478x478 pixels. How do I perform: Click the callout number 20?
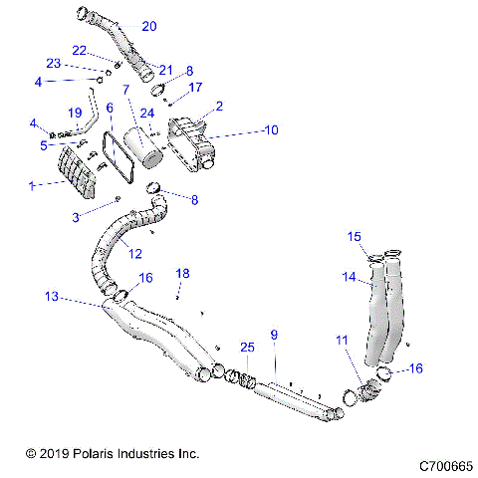click(148, 26)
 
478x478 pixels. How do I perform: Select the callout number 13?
click(52, 296)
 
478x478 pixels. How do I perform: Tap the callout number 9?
click(273, 334)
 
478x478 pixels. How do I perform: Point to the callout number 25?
click(247, 347)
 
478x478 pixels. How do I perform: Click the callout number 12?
click(135, 254)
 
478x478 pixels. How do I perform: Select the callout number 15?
click(354, 237)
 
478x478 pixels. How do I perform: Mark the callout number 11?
click(341, 341)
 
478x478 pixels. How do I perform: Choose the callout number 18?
click(181, 273)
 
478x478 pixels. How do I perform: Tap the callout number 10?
click(271, 129)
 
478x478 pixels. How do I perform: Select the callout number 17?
click(195, 88)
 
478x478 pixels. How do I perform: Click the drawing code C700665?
click(438, 466)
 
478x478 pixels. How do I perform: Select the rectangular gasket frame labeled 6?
click(119, 153)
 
